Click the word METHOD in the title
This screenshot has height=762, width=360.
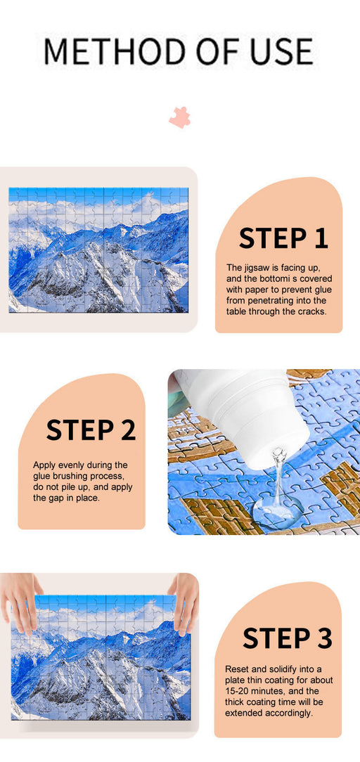[x=112, y=51]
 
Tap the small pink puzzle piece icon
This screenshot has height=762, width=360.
[x=180, y=117]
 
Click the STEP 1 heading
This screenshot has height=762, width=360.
[x=283, y=238]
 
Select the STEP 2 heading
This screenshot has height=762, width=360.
[x=91, y=430]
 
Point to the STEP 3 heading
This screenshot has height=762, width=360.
[x=287, y=638]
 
